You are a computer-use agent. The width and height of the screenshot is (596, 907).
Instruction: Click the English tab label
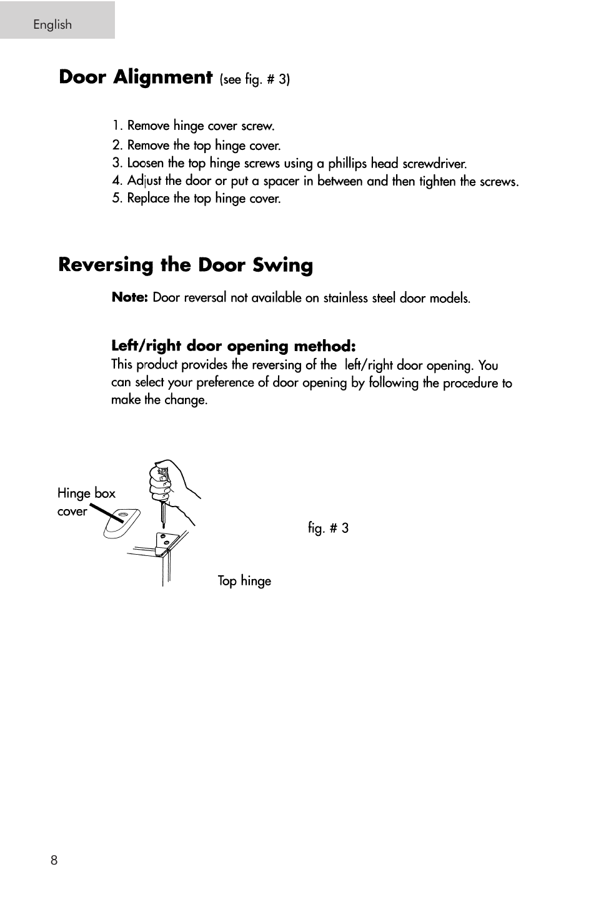[52, 25]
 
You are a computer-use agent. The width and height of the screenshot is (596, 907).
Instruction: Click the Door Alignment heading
[136, 77]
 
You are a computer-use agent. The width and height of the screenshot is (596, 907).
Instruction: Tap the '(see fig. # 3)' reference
[254, 80]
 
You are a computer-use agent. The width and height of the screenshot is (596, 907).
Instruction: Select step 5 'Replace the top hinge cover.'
[197, 199]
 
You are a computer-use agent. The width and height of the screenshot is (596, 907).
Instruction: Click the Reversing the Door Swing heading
[186, 265]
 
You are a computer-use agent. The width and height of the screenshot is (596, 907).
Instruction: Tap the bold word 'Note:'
[129, 297]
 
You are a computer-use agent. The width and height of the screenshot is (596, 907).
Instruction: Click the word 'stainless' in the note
[346, 298]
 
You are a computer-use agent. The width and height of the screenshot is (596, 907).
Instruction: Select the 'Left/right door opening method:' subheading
[233, 345]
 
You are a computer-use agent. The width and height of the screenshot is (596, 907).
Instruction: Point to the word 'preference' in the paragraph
[224, 383]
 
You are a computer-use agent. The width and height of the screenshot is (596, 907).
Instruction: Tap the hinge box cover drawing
[122, 523]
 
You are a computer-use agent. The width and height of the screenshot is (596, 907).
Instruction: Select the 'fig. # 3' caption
[328, 528]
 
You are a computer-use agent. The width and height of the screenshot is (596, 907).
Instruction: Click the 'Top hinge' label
[244, 581]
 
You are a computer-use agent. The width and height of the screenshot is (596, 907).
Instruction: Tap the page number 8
[54, 860]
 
